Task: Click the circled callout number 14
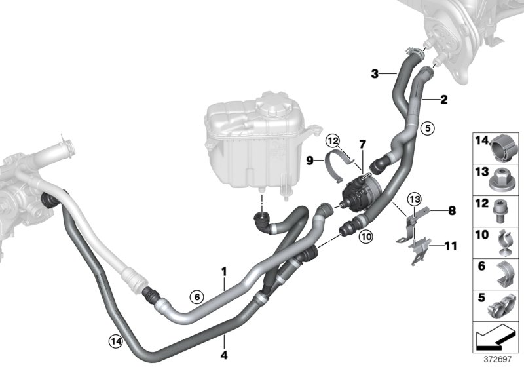click(116, 339)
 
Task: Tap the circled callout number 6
click(195, 296)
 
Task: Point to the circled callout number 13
click(415, 199)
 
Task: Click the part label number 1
click(223, 270)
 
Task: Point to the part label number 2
click(444, 100)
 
